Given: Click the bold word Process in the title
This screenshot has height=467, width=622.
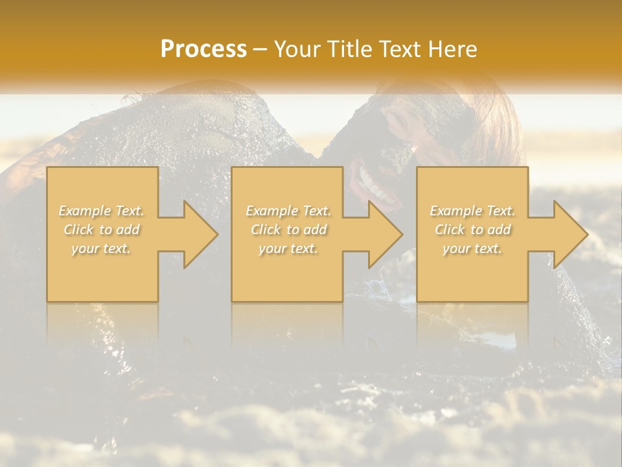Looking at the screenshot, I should [x=203, y=49].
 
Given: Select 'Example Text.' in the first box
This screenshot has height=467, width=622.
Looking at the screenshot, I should [x=101, y=211].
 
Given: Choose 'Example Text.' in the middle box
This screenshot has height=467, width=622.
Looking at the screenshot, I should [x=288, y=211].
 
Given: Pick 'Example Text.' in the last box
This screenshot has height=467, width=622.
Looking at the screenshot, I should [x=472, y=211].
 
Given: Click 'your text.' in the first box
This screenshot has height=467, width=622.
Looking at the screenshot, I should [x=101, y=248].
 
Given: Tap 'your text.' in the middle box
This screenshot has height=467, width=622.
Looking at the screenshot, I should [x=288, y=248].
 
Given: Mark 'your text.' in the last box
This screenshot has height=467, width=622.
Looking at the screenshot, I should [x=472, y=248].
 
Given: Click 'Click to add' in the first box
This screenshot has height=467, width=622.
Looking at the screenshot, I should [x=101, y=230].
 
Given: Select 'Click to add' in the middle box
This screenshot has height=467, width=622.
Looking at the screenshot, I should [x=288, y=230].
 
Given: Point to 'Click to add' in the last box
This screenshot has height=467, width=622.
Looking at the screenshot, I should [x=472, y=230].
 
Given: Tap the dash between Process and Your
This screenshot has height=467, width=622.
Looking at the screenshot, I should [x=260, y=49].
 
